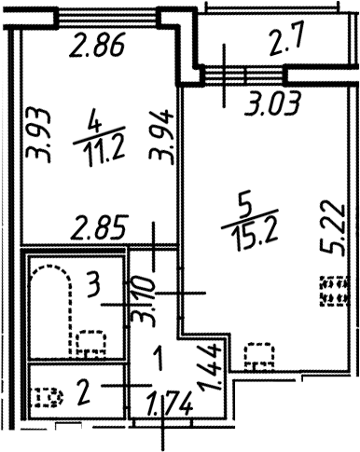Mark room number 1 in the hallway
click(x=159, y=356)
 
